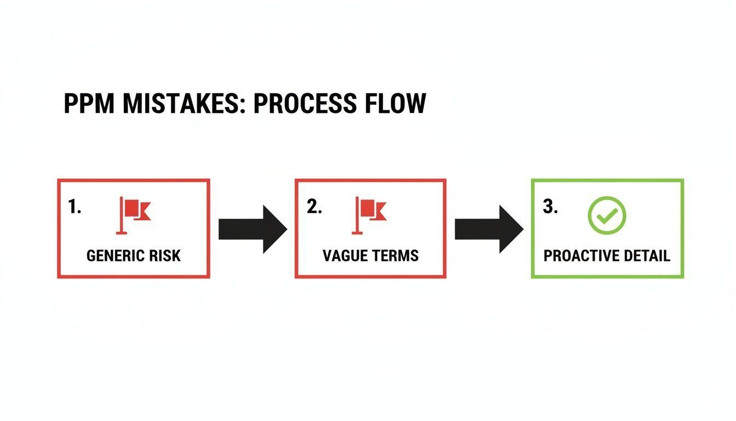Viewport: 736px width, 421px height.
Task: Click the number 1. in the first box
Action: pos(74,207)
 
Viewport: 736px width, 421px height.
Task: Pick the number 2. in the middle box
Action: pos(314,207)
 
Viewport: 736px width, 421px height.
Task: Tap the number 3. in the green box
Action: pos(550,207)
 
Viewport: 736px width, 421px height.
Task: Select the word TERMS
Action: pos(395,255)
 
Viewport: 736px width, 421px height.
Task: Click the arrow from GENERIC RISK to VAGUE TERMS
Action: pos(252,229)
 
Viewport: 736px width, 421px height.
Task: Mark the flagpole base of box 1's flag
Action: pos(122,233)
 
